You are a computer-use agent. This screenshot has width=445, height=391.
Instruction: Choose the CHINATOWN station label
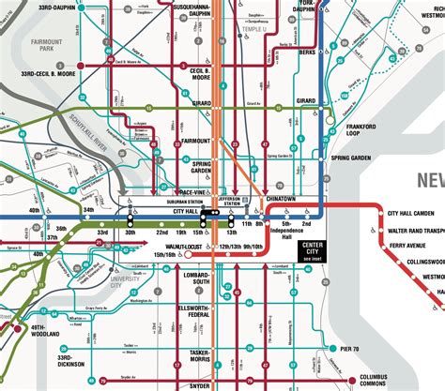pos(279,200)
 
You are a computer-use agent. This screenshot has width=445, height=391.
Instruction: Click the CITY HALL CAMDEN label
pos(415,214)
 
